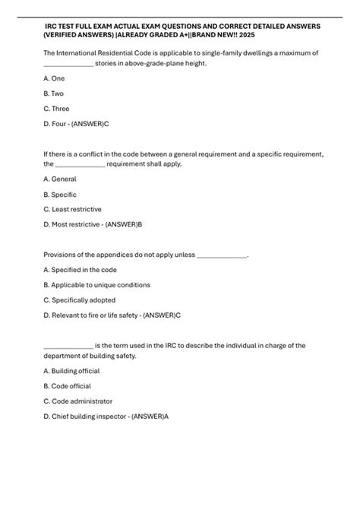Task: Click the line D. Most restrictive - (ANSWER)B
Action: click(x=93, y=224)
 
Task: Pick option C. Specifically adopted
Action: click(x=83, y=300)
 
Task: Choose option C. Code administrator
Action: click(x=80, y=401)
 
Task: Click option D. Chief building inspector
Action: click(x=106, y=416)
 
